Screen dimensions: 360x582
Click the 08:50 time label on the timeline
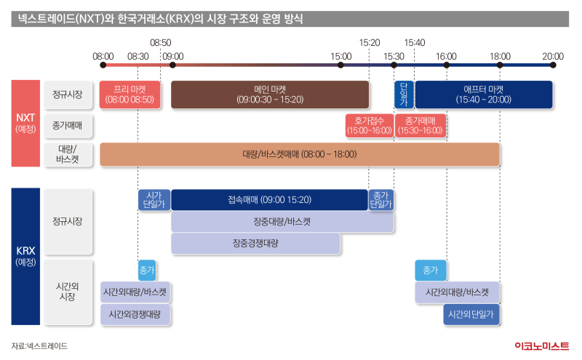click(x=160, y=43)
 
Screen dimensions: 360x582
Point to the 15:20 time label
click(x=370, y=43)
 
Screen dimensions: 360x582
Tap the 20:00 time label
click(x=553, y=56)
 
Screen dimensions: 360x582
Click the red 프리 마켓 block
click(x=129, y=95)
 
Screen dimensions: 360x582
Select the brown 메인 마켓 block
click(x=269, y=95)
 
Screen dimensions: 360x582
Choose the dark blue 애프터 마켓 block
click(x=484, y=95)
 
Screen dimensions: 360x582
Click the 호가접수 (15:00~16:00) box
click(x=369, y=125)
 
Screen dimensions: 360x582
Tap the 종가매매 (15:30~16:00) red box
click(x=420, y=125)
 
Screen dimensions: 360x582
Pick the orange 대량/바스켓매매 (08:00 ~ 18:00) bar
click(x=300, y=154)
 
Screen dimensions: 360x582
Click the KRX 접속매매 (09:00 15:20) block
click(x=269, y=200)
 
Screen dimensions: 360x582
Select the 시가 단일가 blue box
click(x=154, y=200)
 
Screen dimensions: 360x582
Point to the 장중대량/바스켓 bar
click(x=282, y=222)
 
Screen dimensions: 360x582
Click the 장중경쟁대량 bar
click(x=255, y=244)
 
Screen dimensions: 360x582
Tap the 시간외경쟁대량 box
click(x=135, y=314)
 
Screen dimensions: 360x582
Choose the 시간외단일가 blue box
click(x=471, y=314)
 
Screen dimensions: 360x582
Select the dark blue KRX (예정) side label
click(x=25, y=256)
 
